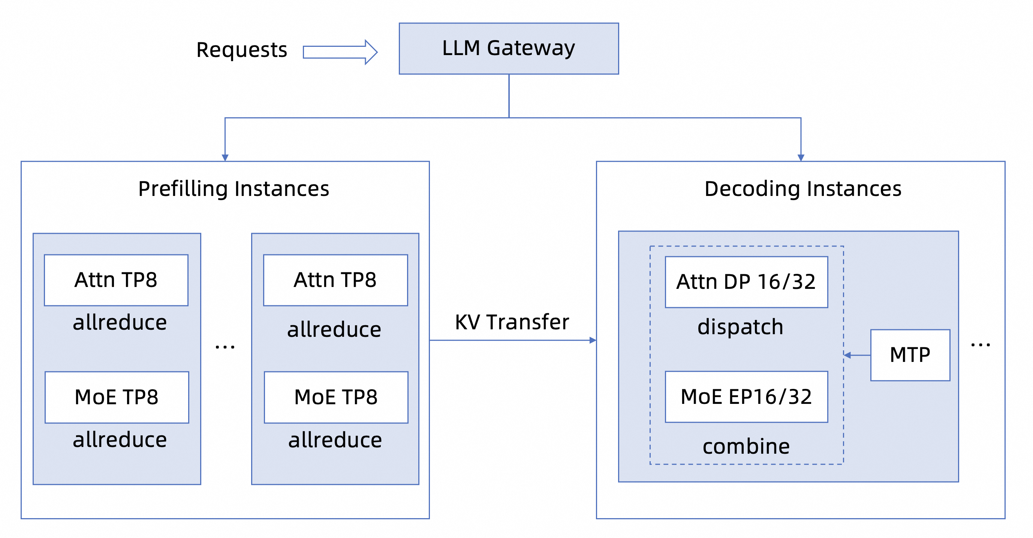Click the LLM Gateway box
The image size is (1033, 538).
pos(509,48)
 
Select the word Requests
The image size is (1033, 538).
pos(241,51)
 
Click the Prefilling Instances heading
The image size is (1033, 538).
pos(234,189)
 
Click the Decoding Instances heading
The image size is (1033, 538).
pos(802,189)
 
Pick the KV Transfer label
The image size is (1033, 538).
pos(512,322)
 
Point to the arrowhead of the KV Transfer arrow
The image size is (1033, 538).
pos(593,340)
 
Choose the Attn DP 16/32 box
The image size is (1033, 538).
pos(746,282)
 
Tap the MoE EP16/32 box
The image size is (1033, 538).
pos(746,397)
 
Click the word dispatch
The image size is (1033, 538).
pos(740,327)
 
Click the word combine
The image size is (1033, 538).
pos(746,446)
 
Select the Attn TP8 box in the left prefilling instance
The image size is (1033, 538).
pos(116,280)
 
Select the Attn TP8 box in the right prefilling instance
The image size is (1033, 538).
pos(335,280)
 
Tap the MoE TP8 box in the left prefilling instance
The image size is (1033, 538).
pos(116,397)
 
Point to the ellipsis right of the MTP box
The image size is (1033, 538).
pos(980,344)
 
